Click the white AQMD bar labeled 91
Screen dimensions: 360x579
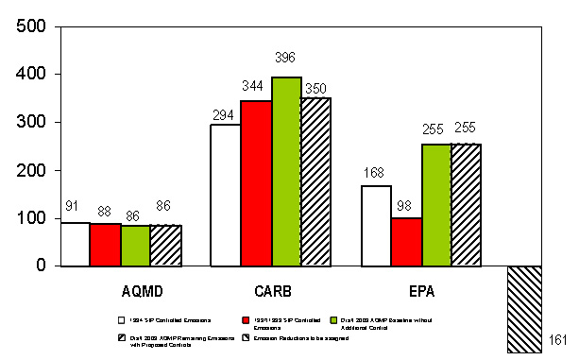point(74,244)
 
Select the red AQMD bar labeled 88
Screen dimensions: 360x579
point(104,245)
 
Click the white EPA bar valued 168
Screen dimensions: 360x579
point(375,226)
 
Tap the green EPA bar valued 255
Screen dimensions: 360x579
point(435,205)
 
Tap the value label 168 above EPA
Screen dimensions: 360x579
point(375,172)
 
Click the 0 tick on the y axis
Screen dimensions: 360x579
point(41,266)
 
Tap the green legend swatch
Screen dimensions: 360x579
point(347,321)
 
